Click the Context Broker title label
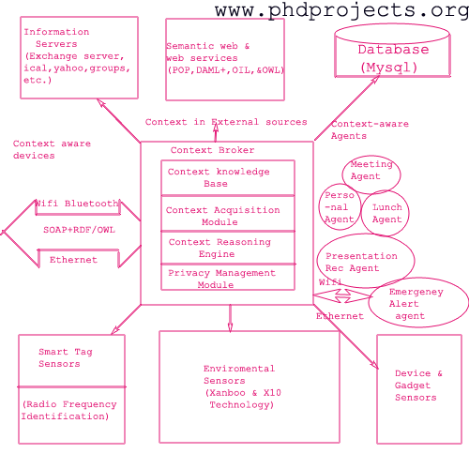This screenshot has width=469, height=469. [212, 150]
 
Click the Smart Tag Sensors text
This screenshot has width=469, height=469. [66, 357]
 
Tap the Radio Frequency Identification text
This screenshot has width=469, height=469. [68, 410]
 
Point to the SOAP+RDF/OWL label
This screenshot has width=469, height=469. [79, 230]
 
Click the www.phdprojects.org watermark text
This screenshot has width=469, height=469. [341, 10]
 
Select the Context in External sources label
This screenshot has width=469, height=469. [226, 122]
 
